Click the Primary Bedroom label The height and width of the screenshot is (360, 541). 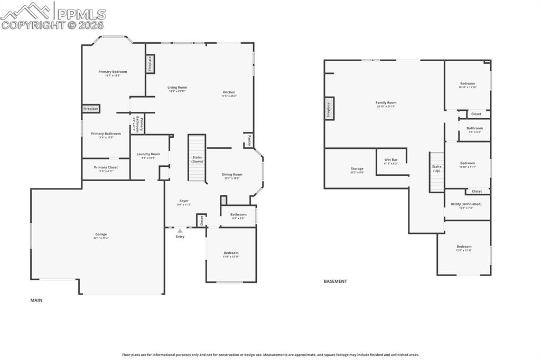[113, 72]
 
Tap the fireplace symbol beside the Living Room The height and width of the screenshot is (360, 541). [150, 64]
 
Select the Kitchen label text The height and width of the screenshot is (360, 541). [229, 92]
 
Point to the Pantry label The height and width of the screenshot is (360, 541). [247, 140]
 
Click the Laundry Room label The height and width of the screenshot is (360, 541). [148, 154]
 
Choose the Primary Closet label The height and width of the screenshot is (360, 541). [106, 167]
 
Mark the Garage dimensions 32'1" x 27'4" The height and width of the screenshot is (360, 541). [101, 238]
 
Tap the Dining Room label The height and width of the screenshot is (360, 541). [231, 174]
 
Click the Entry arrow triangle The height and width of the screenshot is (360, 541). [180, 231]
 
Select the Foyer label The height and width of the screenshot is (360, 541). [184, 201]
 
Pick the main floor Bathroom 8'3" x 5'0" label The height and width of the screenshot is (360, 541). [238, 214]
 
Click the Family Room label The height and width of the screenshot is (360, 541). [386, 103]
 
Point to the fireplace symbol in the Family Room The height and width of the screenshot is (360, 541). [329, 109]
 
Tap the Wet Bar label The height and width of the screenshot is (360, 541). [391, 159]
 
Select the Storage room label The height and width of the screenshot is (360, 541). [357, 169]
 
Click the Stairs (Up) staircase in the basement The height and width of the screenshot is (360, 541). [437, 172]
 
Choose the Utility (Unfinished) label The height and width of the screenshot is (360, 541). [466, 204]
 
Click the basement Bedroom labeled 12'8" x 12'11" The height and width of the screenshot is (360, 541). [464, 247]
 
